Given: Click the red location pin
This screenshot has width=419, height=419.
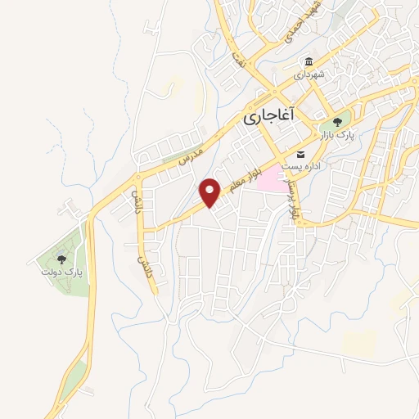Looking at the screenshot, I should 210,193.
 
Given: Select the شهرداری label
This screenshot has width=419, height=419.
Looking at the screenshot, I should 310,74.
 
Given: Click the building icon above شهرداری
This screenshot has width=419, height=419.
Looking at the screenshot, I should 309,62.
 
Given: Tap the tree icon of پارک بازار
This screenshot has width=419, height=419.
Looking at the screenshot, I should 338,124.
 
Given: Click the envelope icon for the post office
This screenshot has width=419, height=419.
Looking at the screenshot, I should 300,155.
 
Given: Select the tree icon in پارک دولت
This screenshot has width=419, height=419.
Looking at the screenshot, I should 61,259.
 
